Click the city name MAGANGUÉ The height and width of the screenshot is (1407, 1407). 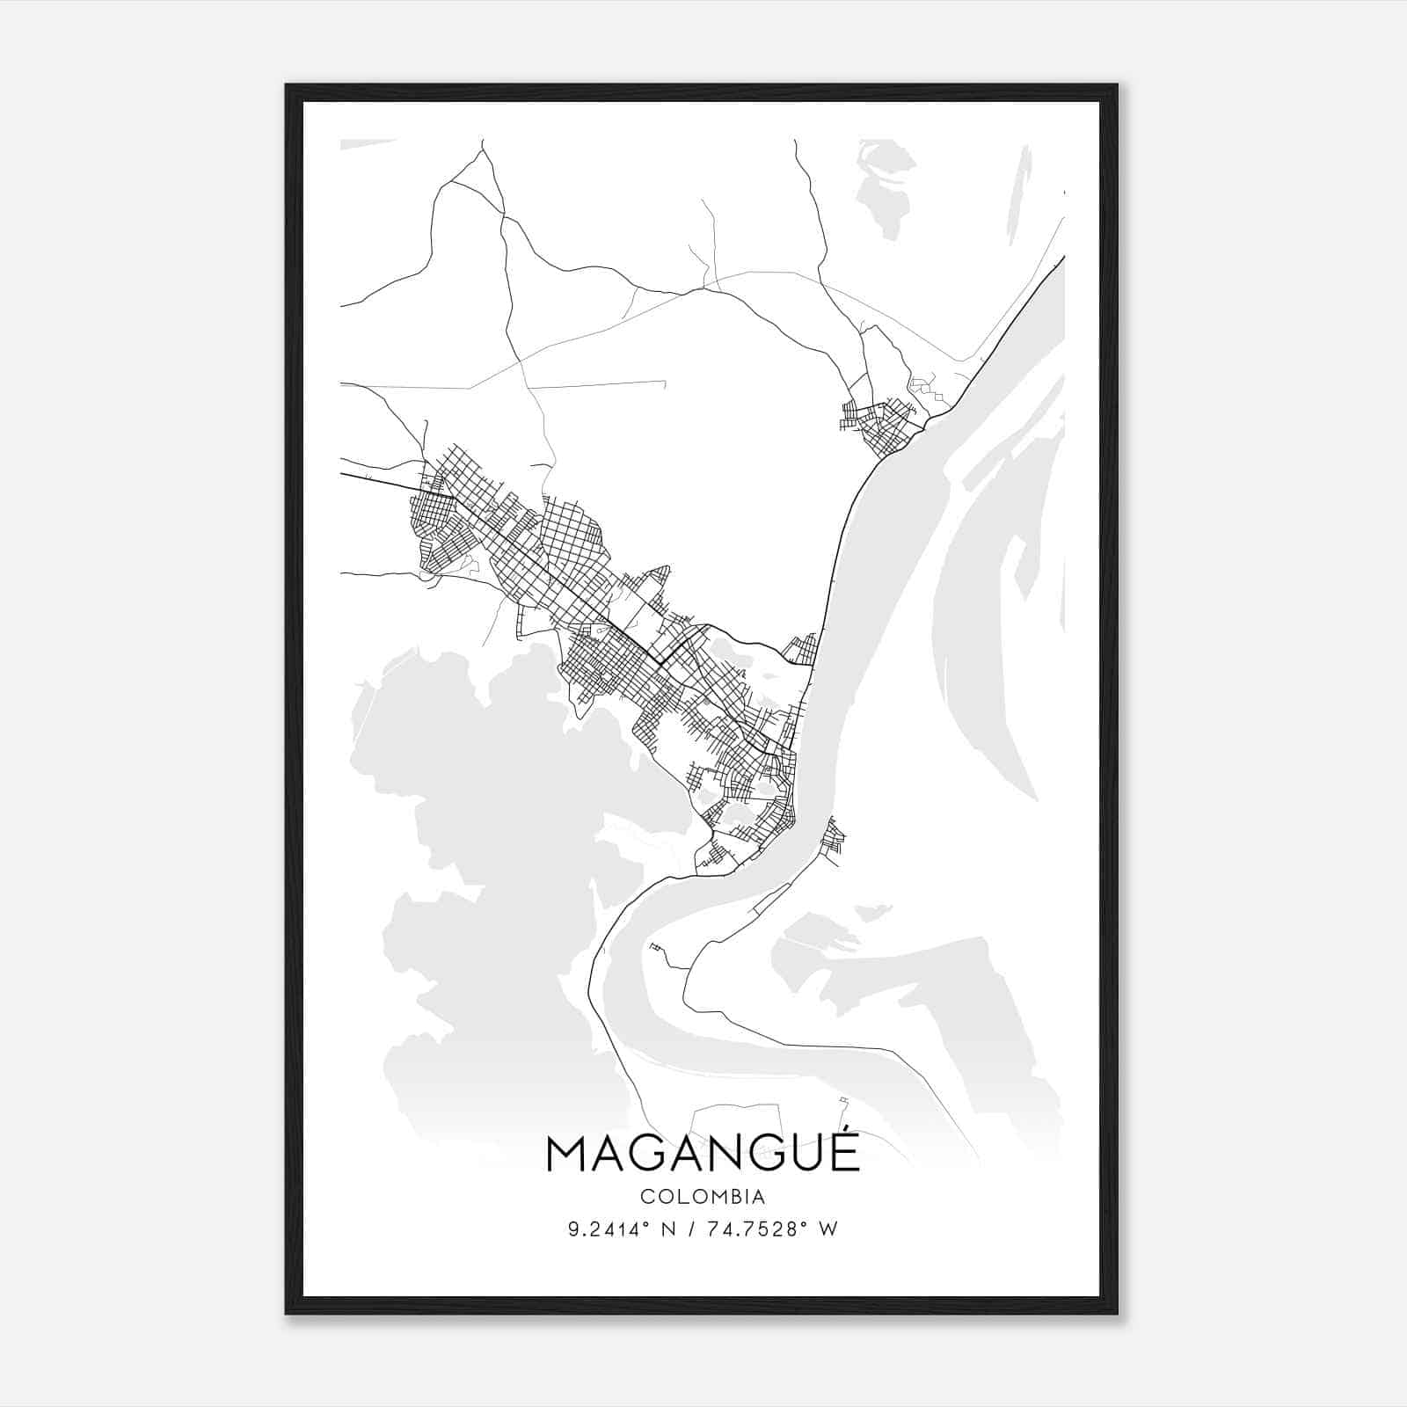tap(703, 1154)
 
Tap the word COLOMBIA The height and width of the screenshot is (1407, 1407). tap(703, 1197)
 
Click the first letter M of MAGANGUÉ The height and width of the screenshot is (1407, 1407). tap(566, 1155)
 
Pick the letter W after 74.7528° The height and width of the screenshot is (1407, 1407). tap(828, 1229)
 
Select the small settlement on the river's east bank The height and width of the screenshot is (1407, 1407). tap(832, 837)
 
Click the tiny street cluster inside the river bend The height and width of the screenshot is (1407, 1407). tap(655, 947)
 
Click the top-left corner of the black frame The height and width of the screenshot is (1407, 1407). tap(287, 85)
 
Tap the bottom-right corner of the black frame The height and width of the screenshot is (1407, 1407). tap(1117, 1313)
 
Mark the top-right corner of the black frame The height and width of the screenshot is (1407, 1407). tap(1117, 85)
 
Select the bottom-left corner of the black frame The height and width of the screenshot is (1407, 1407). tap(287, 1313)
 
